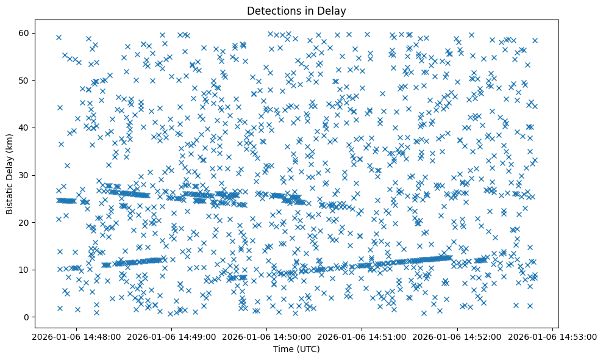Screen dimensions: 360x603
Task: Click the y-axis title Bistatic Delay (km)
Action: click(x=10, y=174)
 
